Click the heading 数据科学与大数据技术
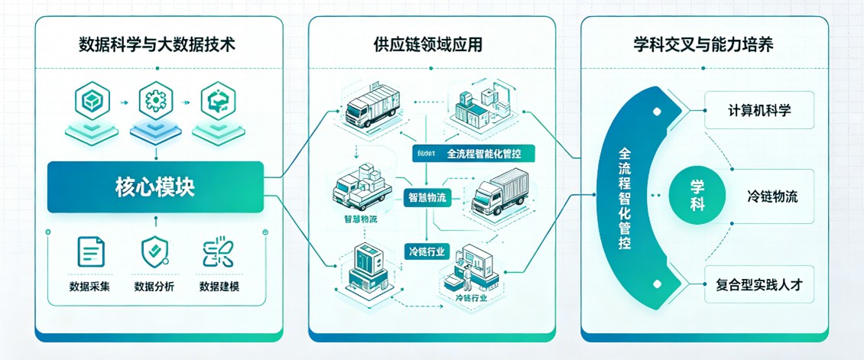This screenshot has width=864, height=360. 157,45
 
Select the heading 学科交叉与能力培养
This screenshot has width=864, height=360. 704,45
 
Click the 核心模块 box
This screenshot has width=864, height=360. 155,187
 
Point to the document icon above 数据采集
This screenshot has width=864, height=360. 90,252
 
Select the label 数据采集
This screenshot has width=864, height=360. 90,287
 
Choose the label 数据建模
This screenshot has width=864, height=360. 218,287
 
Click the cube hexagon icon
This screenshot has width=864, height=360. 90,101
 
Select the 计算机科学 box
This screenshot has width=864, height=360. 759,111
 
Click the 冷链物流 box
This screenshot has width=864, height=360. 771,196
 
